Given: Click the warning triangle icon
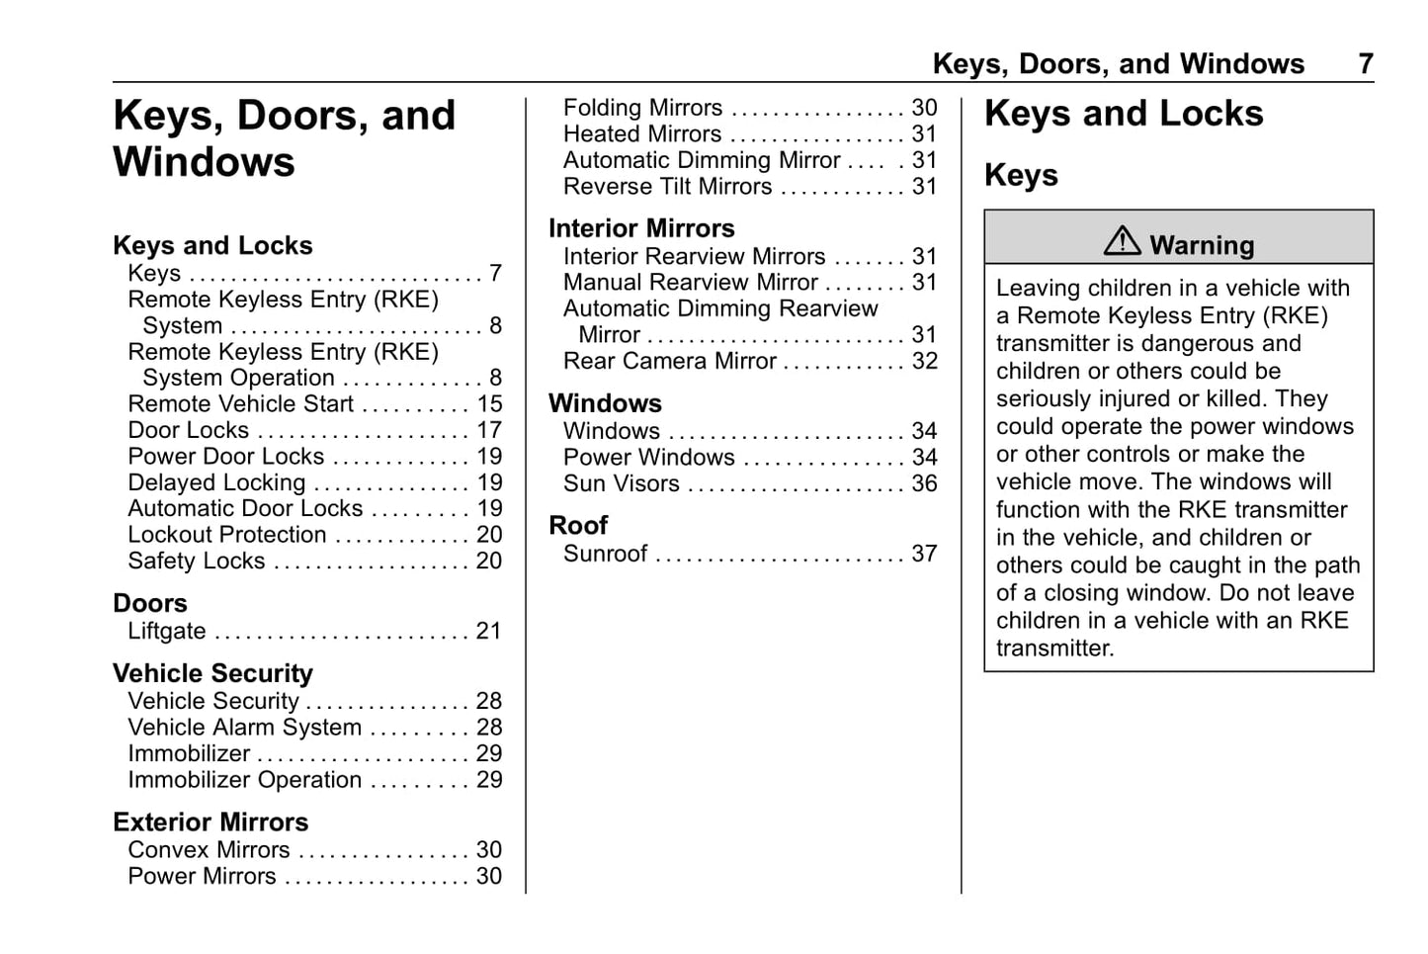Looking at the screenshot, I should coord(1122,240).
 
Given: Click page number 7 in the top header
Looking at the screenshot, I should coord(1365,64).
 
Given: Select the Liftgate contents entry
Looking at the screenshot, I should coord(167,632).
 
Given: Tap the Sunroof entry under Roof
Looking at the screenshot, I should coord(605,554).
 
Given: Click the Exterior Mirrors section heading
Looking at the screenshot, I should coord(210,823).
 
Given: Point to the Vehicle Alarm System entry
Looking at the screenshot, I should coord(244,728).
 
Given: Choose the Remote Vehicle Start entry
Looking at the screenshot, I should coord(240,404).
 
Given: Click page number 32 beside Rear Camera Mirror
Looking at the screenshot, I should coord(924,362).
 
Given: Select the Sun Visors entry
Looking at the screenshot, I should coord(621,483).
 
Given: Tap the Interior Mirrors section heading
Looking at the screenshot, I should coord(641,228).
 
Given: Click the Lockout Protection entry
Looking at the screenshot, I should coord(226,535).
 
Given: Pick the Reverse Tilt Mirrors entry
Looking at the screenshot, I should coord(667,187).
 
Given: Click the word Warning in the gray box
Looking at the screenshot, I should coord(1202,245).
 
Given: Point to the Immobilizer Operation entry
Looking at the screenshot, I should coord(244,780).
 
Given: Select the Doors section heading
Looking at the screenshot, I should coord(150,603).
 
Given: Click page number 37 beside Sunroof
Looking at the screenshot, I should coord(924,554).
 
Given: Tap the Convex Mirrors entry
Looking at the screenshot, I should coord(209,850).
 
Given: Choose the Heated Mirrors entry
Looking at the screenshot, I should coord(642,134).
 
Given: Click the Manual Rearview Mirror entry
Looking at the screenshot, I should coord(690,283).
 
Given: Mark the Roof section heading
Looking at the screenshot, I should coord(578,526).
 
